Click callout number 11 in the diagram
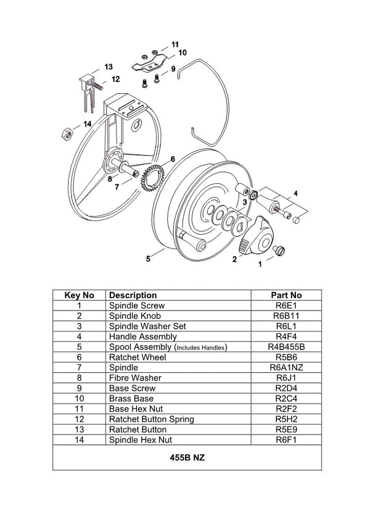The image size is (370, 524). point(175,44)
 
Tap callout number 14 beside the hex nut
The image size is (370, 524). point(88,124)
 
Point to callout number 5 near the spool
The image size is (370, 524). point(148,259)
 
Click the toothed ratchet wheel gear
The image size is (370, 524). point(151,178)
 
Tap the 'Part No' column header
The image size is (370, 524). point(287,295)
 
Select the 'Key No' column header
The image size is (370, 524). point(80,295)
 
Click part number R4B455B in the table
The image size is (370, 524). point(287,347)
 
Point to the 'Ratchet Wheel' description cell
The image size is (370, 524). point(133,357)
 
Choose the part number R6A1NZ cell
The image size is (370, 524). point(287,368)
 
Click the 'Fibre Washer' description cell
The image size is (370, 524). point(135,378)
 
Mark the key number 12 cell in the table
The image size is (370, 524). point(80,419)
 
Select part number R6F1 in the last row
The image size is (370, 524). point(287,440)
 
